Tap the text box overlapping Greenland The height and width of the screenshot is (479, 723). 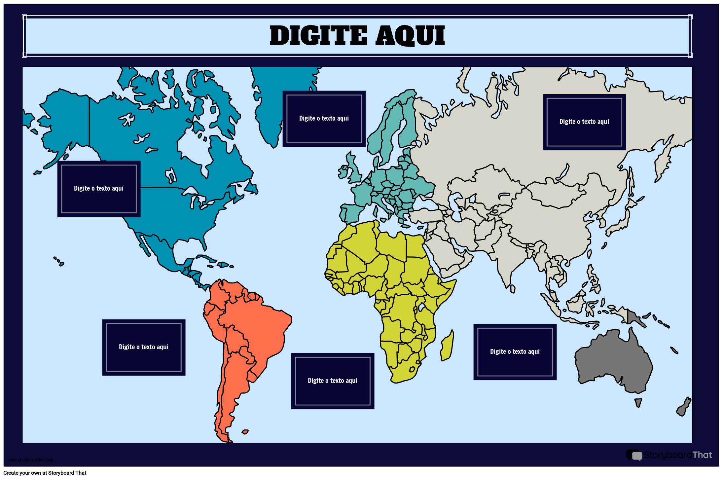point(324,119)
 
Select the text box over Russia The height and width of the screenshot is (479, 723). point(584,122)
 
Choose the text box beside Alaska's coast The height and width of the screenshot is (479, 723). point(99,189)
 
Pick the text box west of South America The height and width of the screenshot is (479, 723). point(144,347)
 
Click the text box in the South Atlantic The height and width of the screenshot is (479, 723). point(332,381)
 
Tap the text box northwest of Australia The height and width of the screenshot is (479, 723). point(515,352)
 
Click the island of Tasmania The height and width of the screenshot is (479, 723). point(638,402)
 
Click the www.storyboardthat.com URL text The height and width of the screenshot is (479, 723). point(31,460)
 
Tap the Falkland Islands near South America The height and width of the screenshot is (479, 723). point(245,432)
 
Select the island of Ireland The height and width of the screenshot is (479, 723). point(343,172)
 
